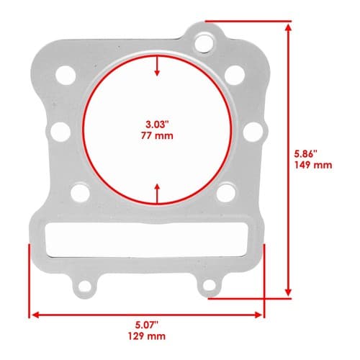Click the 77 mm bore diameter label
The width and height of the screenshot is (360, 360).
click(x=157, y=136)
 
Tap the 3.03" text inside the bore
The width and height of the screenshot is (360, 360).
click(x=158, y=125)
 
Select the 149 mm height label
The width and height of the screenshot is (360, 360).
click(x=313, y=165)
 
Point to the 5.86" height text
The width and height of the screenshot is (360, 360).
click(x=306, y=154)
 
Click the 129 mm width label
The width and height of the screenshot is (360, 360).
click(x=147, y=336)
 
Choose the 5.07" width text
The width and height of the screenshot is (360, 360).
click(x=147, y=325)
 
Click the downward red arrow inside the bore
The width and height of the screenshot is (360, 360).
click(x=157, y=66)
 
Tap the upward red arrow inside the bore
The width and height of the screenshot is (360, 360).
click(x=157, y=194)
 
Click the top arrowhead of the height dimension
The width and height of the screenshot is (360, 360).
click(x=289, y=27)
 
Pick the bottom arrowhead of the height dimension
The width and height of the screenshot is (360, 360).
click(x=289, y=292)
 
